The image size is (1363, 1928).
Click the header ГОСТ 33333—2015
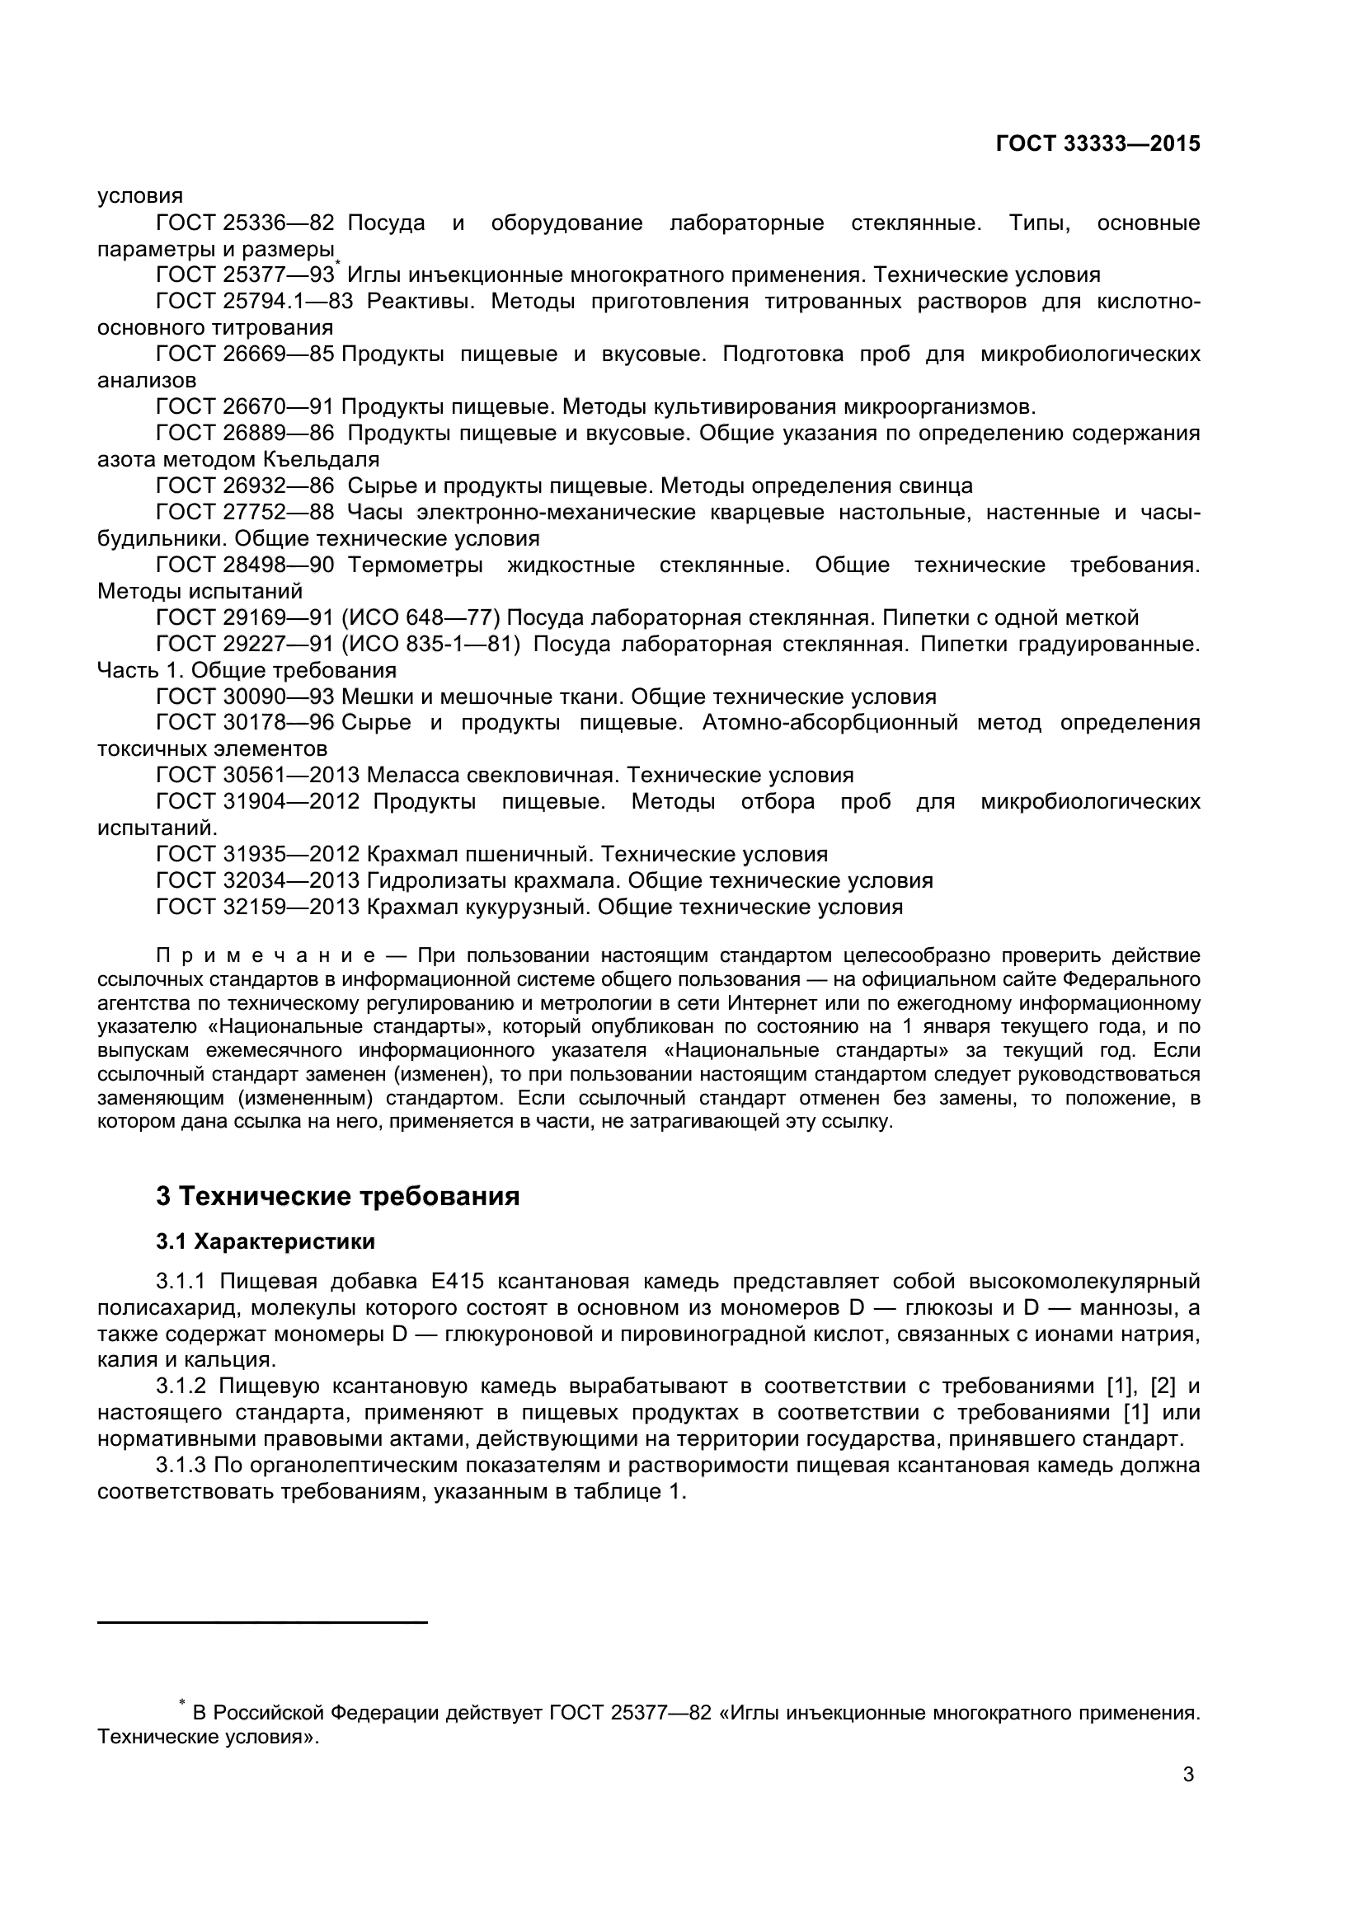[x=1097, y=143]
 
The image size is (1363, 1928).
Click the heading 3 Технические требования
[x=337, y=1196]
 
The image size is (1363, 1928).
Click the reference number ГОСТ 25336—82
[x=245, y=223]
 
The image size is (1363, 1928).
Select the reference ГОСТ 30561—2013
[x=258, y=774]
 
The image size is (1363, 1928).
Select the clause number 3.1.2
[x=181, y=1386]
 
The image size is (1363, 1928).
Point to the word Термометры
[x=415, y=565]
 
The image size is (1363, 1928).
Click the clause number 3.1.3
[x=181, y=1466]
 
